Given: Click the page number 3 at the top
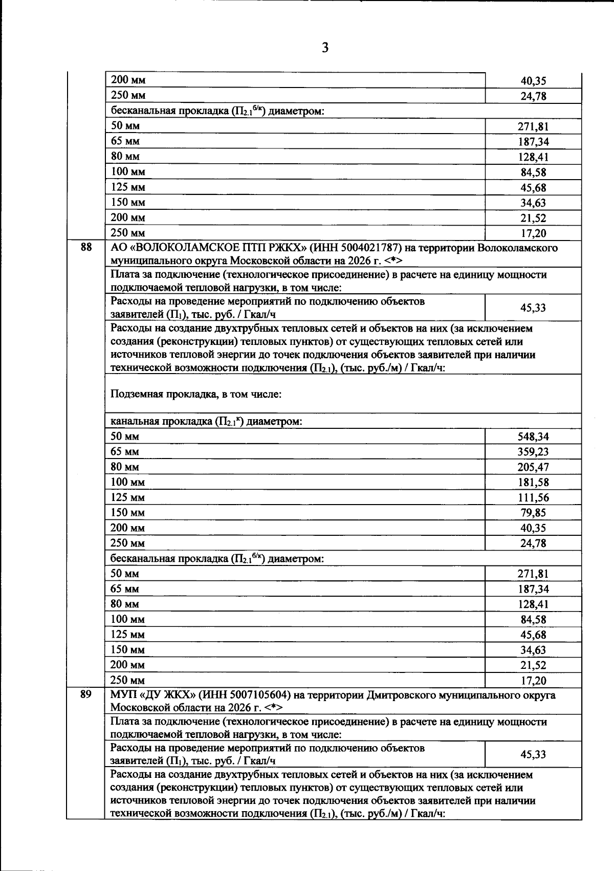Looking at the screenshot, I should [325, 48].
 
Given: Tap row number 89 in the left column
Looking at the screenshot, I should [86, 695].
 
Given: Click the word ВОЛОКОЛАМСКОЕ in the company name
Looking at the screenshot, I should [185, 248].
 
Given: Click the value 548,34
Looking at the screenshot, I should [533, 437].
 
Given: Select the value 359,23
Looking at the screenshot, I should [533, 452].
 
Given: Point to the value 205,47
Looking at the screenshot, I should [533, 467].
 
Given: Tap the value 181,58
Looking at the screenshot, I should [533, 483].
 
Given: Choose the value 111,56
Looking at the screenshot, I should [533, 497].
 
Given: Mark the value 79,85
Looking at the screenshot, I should [533, 513].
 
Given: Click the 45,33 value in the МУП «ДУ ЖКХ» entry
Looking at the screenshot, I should [533, 754].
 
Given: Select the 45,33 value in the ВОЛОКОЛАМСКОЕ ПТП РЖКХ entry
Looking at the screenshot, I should [533, 308].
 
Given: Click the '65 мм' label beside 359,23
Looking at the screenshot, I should [125, 452].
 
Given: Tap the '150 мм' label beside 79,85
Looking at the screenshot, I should [127, 513].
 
